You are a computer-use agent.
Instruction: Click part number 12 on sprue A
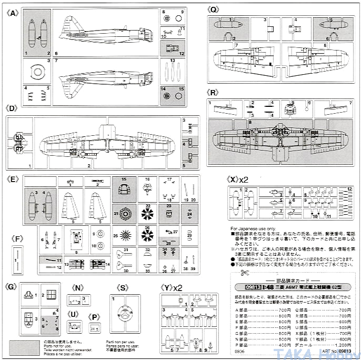182,54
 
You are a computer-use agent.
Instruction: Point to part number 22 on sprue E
148,205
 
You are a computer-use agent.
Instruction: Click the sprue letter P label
94,317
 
